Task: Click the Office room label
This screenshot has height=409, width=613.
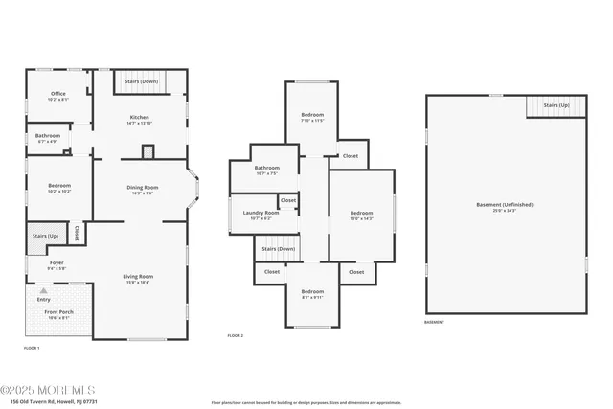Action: coord(58,94)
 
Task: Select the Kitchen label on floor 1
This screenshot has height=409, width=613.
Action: coord(141,118)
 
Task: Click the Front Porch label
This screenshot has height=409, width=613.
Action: coord(58,312)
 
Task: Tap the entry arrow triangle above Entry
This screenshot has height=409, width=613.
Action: coord(43,289)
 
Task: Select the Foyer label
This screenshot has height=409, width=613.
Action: coord(44,263)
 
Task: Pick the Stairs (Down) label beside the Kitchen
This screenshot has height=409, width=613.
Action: coord(142,82)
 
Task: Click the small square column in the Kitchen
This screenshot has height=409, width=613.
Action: coord(148,151)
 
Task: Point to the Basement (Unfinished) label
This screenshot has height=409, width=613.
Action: coord(504,205)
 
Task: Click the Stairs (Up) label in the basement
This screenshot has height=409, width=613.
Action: coord(556,105)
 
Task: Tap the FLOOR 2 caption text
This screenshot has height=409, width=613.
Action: coord(236,336)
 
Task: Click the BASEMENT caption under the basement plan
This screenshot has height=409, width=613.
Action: coord(434,322)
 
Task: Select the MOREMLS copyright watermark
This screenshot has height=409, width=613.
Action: coord(48,390)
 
